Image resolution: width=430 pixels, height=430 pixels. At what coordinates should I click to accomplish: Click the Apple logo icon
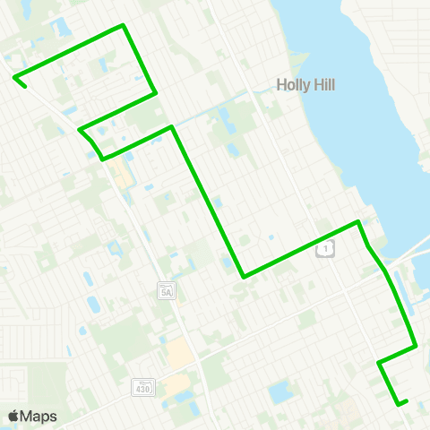[13, 417]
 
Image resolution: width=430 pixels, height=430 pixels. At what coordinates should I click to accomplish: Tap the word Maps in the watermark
[39, 417]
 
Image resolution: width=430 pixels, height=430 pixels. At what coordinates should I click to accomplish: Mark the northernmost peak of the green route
[123, 25]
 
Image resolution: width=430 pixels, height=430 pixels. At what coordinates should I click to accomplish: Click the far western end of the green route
[15, 79]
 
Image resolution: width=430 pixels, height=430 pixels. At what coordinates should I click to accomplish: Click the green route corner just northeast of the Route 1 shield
[359, 221]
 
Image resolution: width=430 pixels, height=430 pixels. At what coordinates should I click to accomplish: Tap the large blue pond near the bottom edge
[279, 391]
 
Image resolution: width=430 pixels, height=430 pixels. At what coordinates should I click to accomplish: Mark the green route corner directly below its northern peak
[157, 91]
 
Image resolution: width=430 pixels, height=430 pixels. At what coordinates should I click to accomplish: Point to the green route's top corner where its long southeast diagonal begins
[171, 127]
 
